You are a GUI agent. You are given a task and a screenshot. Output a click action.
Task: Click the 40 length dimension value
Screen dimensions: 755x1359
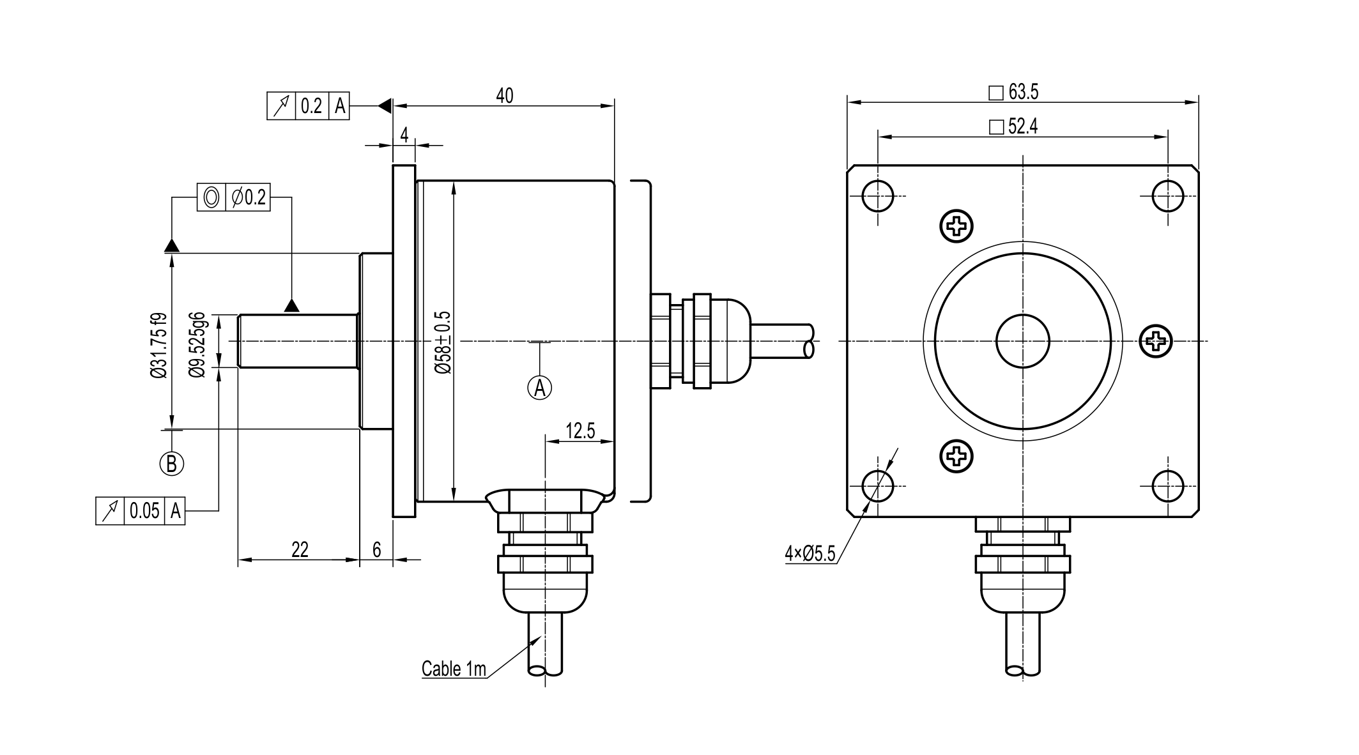click(x=504, y=96)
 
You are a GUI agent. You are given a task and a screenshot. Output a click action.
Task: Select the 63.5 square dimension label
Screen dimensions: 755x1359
click(x=1023, y=93)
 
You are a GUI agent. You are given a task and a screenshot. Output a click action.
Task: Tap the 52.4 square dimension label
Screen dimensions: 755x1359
click(x=1022, y=126)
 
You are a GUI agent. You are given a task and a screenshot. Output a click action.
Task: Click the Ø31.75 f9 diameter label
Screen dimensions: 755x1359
click(x=159, y=345)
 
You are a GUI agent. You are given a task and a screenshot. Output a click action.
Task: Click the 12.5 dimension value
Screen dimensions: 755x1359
click(x=580, y=431)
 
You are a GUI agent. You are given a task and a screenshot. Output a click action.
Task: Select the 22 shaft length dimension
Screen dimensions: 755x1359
click(x=300, y=549)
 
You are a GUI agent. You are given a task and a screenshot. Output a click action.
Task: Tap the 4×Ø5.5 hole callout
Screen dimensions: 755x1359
click(x=810, y=553)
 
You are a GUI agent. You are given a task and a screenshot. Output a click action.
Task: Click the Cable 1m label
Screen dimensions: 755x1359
click(x=454, y=669)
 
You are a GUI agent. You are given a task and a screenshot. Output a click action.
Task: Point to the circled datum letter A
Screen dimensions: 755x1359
click(x=540, y=387)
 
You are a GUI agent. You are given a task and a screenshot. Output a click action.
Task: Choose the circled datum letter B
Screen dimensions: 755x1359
click(x=171, y=463)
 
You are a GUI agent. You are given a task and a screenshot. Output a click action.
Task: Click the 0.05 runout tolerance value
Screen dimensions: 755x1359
click(x=144, y=511)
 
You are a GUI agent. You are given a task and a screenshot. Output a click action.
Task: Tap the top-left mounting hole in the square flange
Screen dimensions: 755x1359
click(x=878, y=195)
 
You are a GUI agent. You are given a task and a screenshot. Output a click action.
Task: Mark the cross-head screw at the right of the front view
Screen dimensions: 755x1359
click(x=1156, y=341)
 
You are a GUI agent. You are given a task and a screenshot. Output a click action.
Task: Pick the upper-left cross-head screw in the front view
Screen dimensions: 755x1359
click(x=956, y=225)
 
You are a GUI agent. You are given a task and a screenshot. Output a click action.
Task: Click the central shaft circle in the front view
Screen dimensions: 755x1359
click(x=1022, y=341)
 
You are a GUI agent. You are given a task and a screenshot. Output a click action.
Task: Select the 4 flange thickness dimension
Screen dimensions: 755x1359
click(x=404, y=135)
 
